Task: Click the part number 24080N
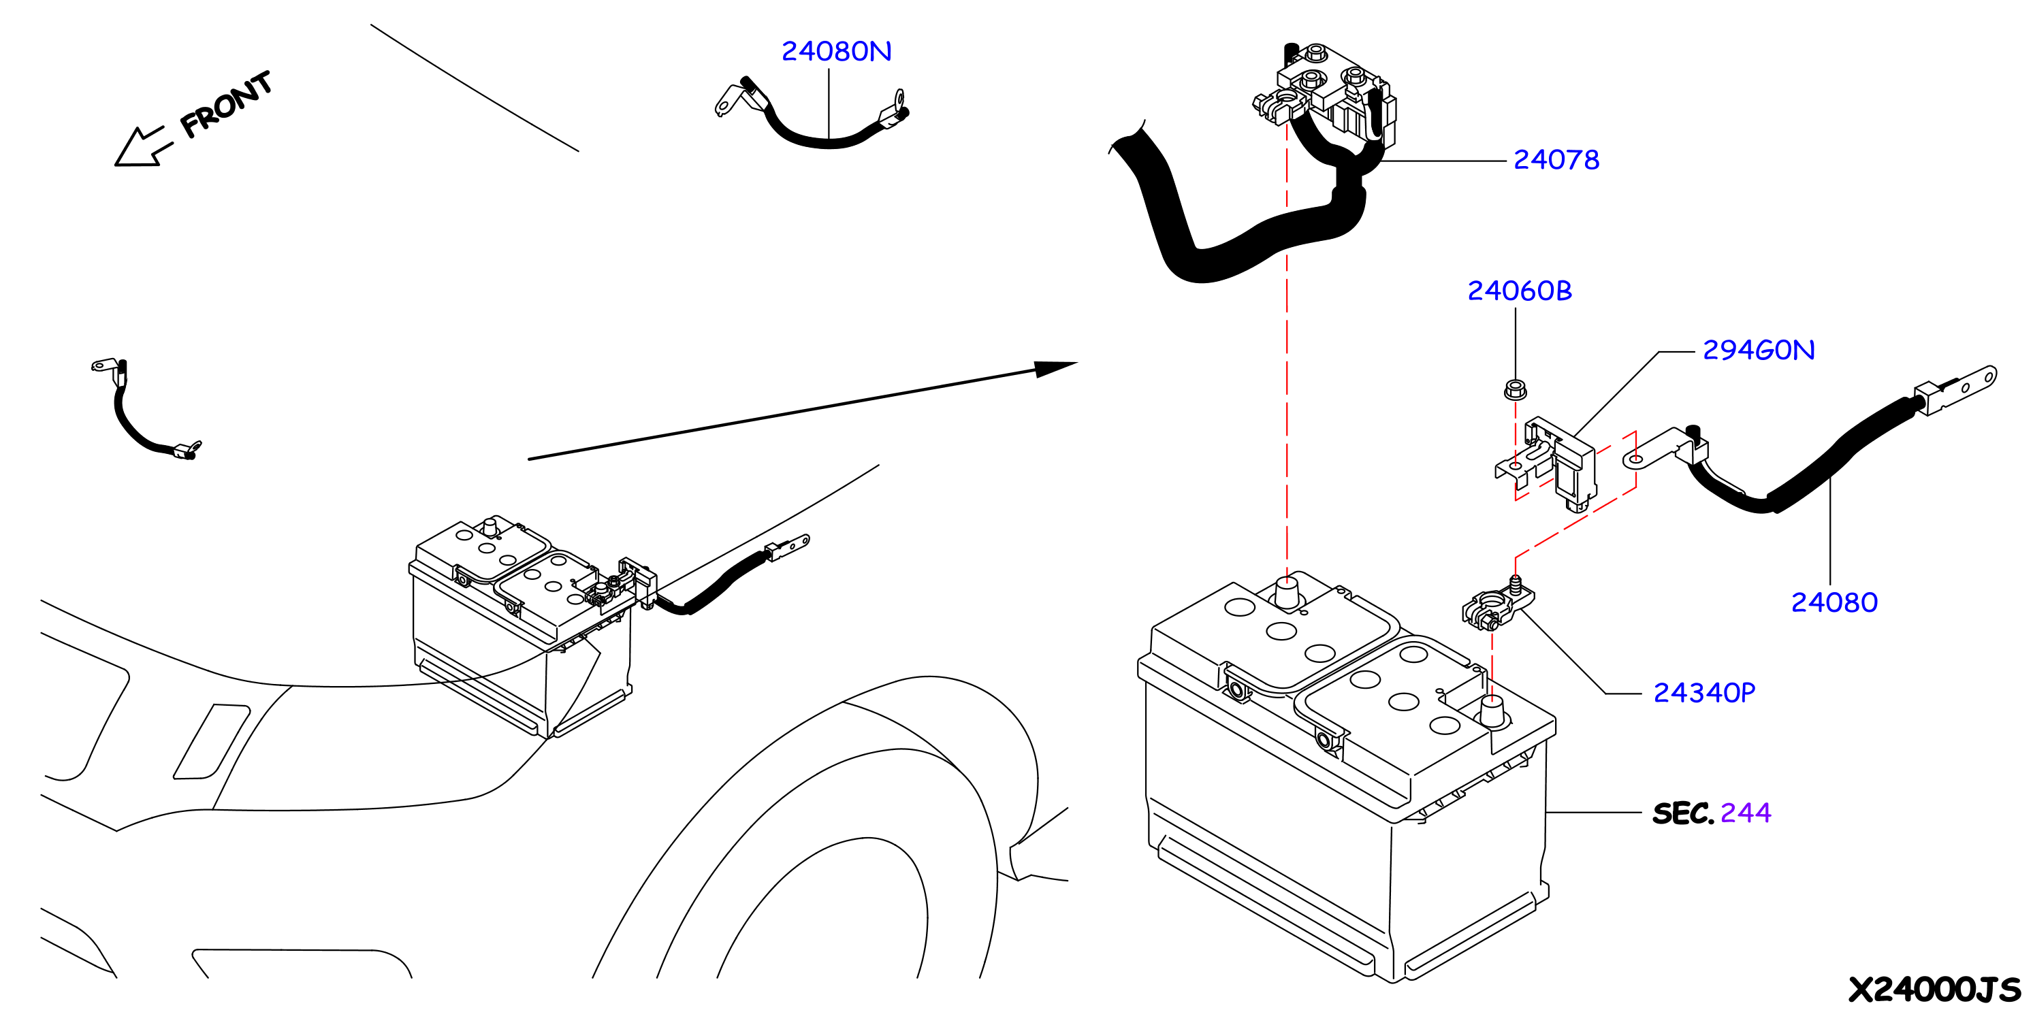pos(836,51)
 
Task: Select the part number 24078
pos(1556,160)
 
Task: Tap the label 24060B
pos(1519,291)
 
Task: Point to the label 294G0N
pos(1759,351)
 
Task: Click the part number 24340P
pos(1704,693)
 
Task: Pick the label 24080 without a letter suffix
pos(1834,603)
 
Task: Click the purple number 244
pos(1745,813)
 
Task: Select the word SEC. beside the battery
pos(1682,813)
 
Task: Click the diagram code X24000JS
pos(1934,989)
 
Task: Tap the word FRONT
pos(226,103)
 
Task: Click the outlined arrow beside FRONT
pos(143,147)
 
